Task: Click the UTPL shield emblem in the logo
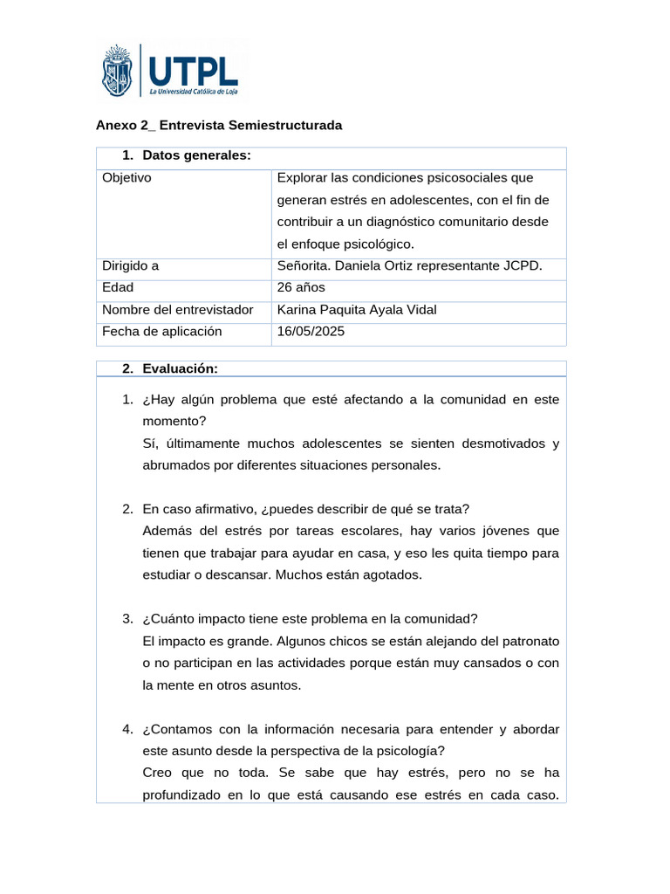[x=120, y=72]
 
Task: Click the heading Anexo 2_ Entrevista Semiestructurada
[x=218, y=125]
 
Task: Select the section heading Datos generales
[x=196, y=155]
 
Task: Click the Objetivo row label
[x=126, y=177]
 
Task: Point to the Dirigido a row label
[x=131, y=266]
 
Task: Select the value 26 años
[x=300, y=288]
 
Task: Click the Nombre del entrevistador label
[x=177, y=310]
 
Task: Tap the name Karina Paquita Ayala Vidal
[x=356, y=310]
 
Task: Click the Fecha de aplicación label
[x=162, y=332]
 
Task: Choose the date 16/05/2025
[x=311, y=332]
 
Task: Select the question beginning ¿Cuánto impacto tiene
[x=310, y=619]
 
